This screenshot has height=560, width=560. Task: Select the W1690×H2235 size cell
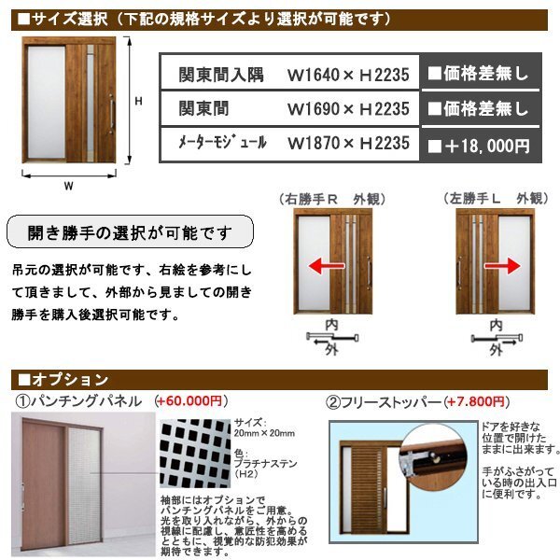pos(348,108)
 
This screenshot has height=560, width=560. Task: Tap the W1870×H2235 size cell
pos(348,144)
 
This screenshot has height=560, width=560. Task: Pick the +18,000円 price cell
pos(479,145)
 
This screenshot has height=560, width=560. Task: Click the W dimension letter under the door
pos(68,185)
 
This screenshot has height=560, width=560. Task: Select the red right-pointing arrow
pos(503,267)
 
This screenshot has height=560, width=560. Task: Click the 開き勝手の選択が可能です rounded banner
pos(131,231)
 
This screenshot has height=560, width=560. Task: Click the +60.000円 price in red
pos(189,402)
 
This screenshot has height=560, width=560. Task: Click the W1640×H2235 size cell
pos(348,72)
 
